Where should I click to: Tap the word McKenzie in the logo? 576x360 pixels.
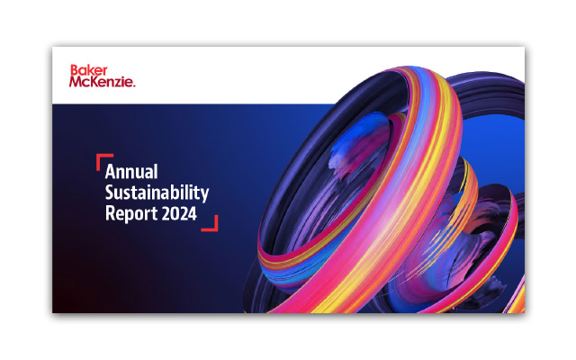point(101,82)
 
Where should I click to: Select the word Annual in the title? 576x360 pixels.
point(132,170)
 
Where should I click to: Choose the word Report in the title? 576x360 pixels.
point(129,215)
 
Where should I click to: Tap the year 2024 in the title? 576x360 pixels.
point(178,215)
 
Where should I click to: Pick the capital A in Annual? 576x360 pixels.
point(111,170)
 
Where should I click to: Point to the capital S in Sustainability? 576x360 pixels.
point(110,193)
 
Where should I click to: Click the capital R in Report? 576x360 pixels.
point(110,215)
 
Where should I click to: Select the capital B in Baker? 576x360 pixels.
point(74,69)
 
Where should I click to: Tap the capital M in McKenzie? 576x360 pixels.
point(76,82)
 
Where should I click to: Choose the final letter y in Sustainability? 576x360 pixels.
point(205,194)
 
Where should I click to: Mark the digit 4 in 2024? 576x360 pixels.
point(192,215)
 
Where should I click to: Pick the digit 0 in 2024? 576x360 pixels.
point(174,215)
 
